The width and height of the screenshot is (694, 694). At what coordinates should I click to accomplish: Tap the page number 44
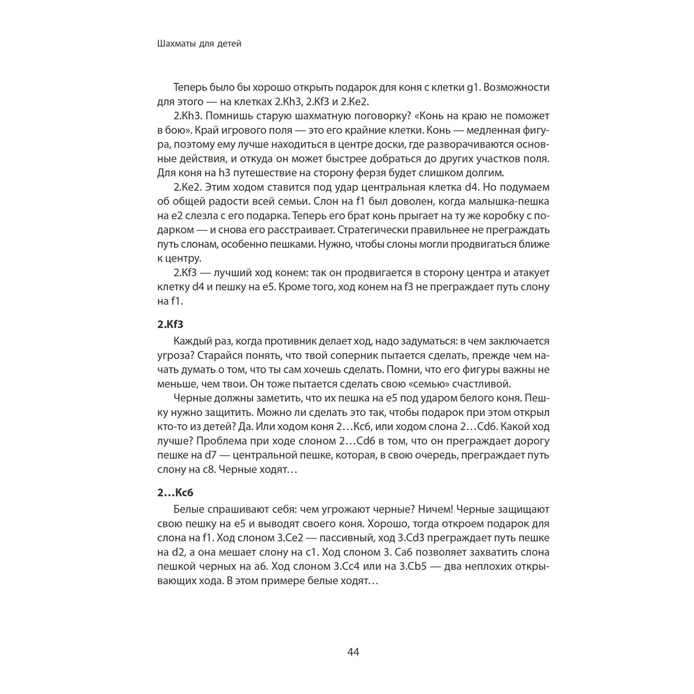(x=353, y=652)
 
